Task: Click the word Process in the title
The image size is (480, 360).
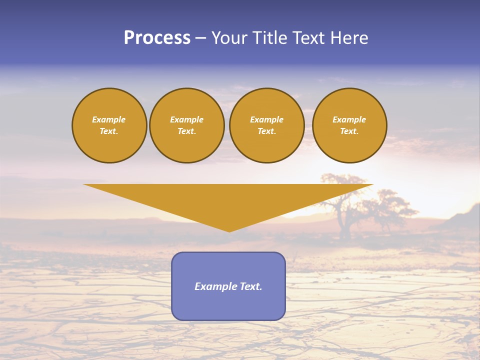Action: click(x=157, y=38)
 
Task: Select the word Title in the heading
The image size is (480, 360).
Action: click(x=270, y=38)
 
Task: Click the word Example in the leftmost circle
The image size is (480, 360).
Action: click(x=109, y=119)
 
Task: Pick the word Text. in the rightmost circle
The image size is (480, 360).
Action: click(x=349, y=131)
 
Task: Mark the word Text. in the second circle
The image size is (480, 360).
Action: click(x=187, y=131)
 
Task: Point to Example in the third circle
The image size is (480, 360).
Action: click(x=267, y=119)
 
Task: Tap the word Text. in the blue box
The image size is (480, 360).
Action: click(x=251, y=286)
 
